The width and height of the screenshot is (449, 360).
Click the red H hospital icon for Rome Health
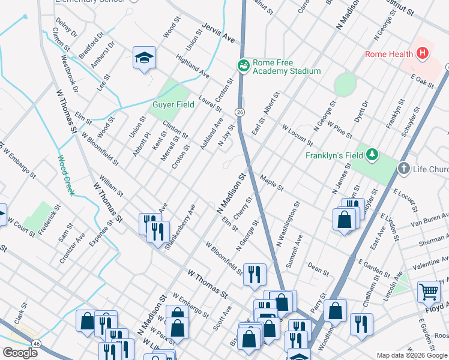point(423,54)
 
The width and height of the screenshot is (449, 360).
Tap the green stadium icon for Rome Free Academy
point(244,65)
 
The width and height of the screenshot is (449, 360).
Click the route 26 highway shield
point(240,112)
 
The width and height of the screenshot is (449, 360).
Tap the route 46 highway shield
point(37,343)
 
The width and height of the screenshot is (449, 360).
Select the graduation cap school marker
point(144,58)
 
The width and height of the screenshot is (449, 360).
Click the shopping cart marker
point(429,292)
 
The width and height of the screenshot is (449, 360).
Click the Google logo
point(20,353)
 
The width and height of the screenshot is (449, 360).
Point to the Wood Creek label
point(65,175)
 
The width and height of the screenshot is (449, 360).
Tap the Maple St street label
point(272,183)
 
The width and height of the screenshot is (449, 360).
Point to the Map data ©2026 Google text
point(412,355)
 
